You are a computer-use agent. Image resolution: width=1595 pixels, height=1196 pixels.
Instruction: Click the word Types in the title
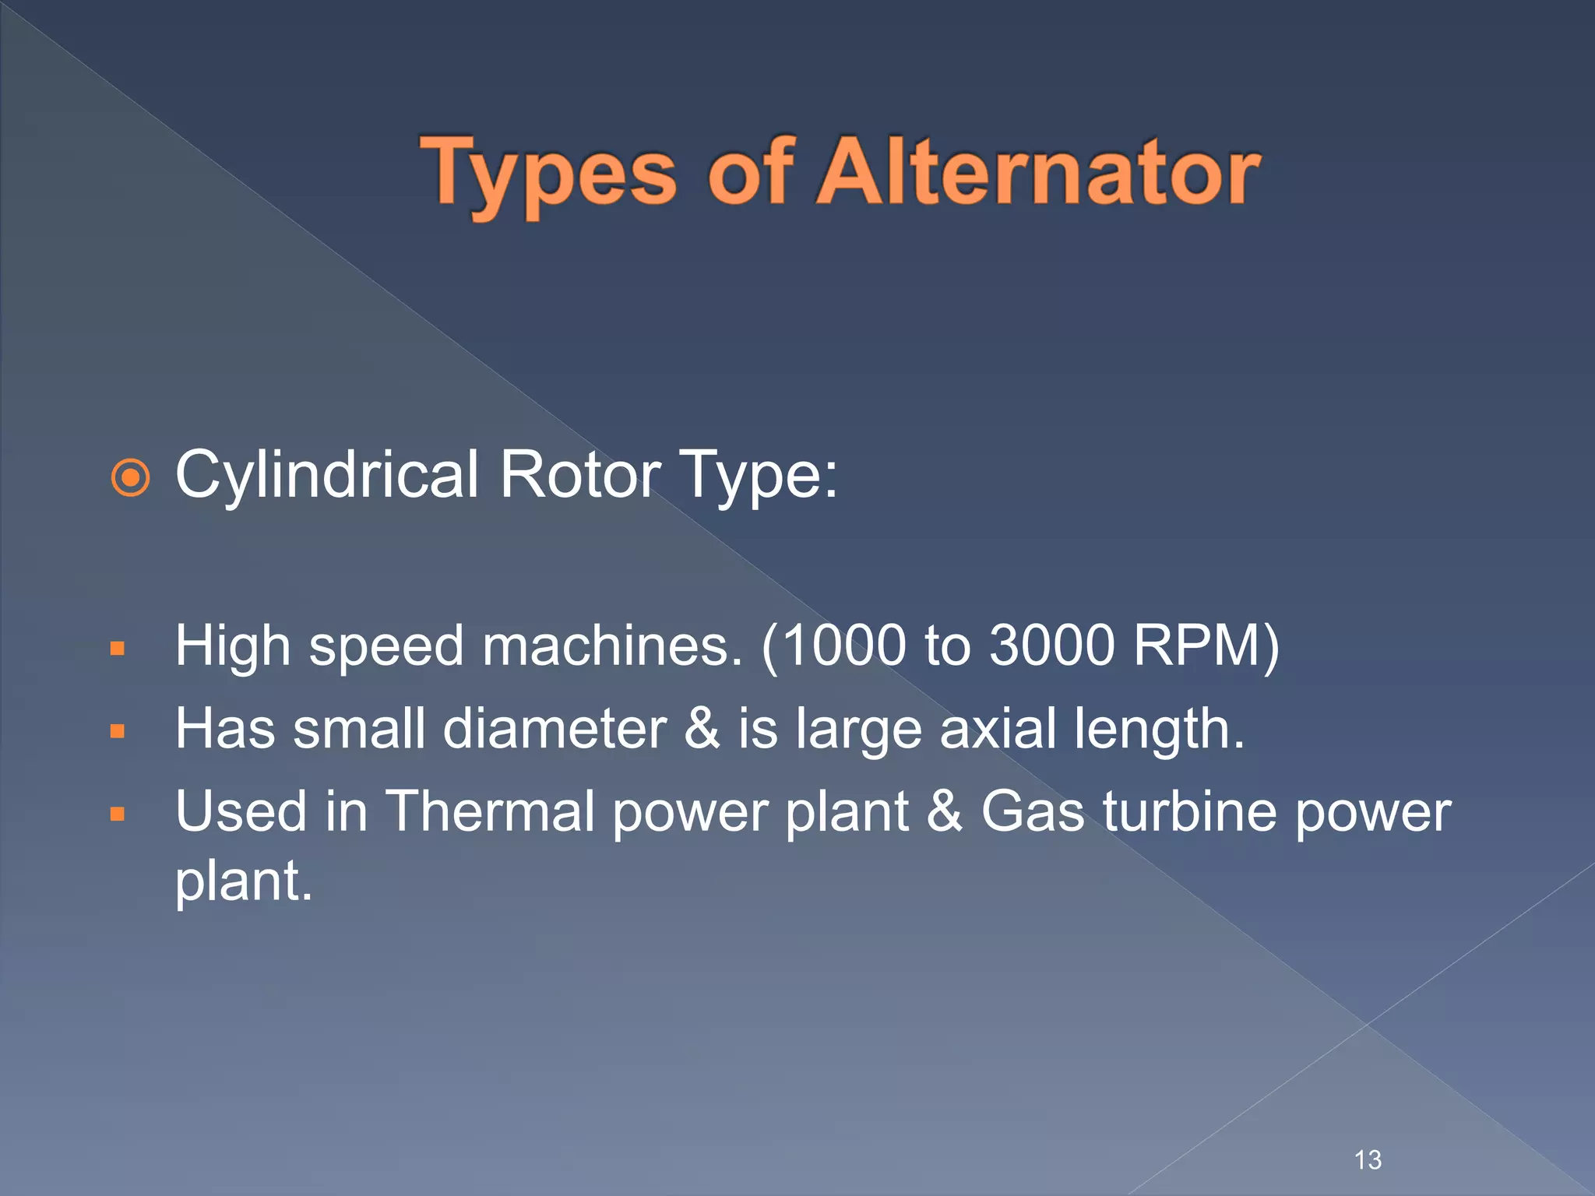[x=548, y=173]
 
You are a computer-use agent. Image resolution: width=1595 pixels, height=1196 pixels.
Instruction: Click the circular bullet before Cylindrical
[x=130, y=477]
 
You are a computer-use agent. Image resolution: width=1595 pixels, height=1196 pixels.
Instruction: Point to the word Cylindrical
[x=327, y=475]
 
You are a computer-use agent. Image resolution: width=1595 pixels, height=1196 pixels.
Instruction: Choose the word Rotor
[x=580, y=475]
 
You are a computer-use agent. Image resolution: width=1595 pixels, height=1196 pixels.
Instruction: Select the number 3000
[x=1051, y=646]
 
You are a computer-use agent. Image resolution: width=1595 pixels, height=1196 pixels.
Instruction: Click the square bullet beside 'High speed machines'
[x=118, y=649]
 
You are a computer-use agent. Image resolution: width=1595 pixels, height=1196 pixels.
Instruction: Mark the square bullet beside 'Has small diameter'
[x=118, y=731]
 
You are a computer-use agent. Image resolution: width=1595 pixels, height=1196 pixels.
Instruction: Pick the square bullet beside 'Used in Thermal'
[x=118, y=814]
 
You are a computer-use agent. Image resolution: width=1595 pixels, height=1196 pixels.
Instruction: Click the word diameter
[x=555, y=729]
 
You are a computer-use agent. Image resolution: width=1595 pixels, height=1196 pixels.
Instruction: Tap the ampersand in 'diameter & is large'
[x=702, y=729]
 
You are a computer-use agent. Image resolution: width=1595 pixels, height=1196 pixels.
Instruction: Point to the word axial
[x=997, y=729]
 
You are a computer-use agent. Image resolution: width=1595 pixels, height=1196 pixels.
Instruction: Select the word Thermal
[x=491, y=811]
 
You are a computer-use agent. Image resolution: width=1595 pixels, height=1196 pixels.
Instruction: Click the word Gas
[x=1032, y=811]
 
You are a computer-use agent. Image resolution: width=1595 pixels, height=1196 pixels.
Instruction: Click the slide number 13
[x=1368, y=1160]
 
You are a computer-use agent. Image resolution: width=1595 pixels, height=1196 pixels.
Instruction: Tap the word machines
[x=612, y=646]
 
